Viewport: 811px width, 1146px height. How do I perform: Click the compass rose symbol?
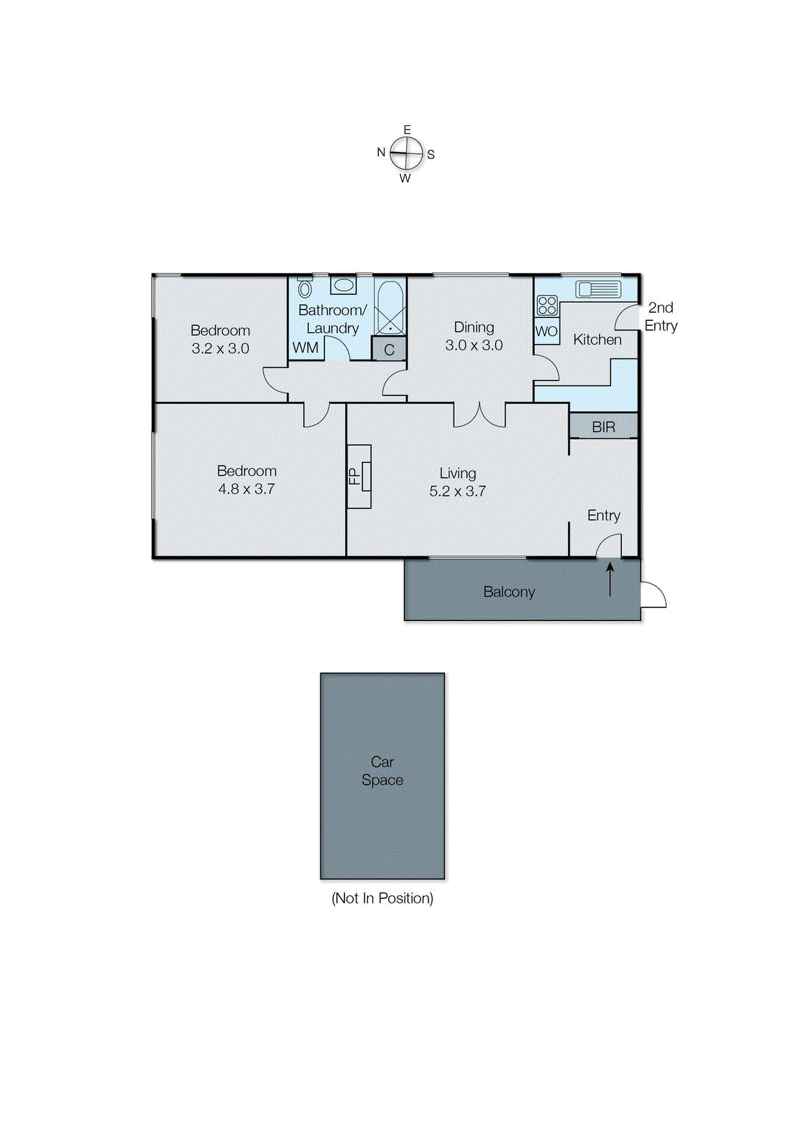406,153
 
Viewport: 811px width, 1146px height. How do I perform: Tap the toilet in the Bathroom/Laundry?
305,288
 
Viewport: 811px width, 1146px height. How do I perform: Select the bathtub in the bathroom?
390,307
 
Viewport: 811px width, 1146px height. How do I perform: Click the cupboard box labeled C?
389,350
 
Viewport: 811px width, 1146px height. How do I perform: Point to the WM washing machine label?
305,348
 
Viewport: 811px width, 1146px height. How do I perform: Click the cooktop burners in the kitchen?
547,306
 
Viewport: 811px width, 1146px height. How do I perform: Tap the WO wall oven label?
547,332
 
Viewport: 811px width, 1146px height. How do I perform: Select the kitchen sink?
598,289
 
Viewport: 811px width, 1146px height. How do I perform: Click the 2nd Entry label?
661,317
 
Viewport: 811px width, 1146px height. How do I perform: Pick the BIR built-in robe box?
603,427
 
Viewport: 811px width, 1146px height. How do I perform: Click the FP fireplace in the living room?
359,476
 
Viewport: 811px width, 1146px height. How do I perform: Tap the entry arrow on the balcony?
610,579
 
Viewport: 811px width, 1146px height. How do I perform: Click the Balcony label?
509,592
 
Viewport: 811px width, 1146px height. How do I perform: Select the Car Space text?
382,771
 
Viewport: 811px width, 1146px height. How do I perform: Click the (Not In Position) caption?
382,898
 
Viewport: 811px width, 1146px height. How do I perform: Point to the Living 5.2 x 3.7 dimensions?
457,491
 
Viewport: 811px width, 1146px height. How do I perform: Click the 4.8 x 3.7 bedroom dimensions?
246,489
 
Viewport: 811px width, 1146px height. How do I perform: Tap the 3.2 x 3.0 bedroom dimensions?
220,349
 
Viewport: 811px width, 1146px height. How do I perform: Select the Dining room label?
474,327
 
